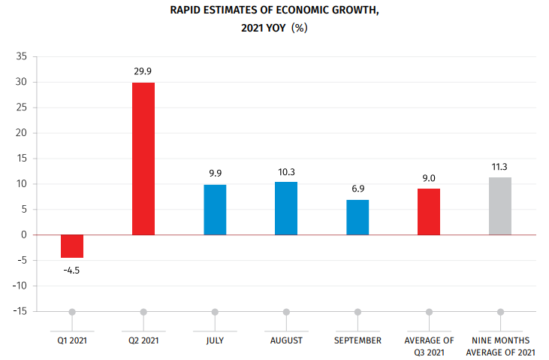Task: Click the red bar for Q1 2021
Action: click(72, 246)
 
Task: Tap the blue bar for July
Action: click(215, 209)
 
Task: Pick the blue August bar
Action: click(286, 208)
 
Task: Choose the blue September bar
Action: click(357, 217)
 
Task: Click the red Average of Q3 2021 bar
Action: click(429, 211)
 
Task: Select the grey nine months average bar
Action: click(500, 206)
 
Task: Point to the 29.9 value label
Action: click(143, 71)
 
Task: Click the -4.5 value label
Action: click(71, 270)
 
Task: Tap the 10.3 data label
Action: click(286, 171)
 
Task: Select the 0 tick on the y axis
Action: click(25, 234)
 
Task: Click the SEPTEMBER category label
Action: click(357, 340)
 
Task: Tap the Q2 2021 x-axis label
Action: click(143, 340)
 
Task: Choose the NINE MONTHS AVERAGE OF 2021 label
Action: click(500, 346)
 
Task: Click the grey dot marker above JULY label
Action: click(215, 312)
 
